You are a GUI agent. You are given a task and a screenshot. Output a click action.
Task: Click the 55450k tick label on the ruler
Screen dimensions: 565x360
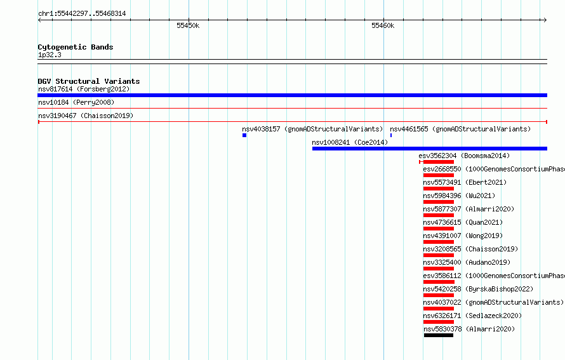point(188,25)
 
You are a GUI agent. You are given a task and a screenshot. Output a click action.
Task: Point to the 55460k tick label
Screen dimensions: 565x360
point(383,25)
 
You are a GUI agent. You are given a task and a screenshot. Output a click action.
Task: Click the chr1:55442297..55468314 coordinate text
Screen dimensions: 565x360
point(82,14)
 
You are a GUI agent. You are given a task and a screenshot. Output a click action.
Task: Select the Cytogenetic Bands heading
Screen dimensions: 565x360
point(76,47)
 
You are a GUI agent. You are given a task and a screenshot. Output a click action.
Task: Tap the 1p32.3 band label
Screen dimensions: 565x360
point(50,55)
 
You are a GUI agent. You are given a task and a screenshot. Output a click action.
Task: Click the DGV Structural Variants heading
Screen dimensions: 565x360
point(89,81)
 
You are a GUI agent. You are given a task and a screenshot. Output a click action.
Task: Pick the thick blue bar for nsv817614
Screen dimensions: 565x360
point(292,95)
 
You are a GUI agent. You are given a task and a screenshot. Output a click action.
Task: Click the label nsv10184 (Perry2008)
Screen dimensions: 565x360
point(76,102)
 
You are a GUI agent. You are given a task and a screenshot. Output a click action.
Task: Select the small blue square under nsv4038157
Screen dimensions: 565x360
point(244,135)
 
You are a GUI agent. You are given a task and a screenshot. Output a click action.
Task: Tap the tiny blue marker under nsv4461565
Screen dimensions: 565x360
point(391,135)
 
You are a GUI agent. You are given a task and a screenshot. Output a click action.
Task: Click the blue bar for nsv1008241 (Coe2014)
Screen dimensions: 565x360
point(430,149)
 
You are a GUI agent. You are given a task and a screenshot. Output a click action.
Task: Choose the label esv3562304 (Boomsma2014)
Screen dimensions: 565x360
point(464,156)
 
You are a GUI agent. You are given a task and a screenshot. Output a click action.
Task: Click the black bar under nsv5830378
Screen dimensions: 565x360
point(439,335)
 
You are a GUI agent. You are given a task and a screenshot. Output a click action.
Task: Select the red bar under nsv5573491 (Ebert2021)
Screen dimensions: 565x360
point(439,189)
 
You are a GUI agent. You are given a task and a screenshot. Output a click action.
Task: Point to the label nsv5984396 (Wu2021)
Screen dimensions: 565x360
point(459,196)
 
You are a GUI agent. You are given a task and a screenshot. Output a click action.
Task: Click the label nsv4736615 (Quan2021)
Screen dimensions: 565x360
point(463,222)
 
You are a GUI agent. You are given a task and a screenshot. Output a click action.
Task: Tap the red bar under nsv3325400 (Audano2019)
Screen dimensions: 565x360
point(439,269)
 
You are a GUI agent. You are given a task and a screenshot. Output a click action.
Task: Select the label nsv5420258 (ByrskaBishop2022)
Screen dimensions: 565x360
point(478,289)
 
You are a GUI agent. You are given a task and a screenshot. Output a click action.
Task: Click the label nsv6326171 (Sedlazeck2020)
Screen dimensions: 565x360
point(472,316)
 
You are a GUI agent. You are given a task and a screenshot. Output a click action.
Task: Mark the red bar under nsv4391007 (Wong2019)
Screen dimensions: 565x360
point(439,242)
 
